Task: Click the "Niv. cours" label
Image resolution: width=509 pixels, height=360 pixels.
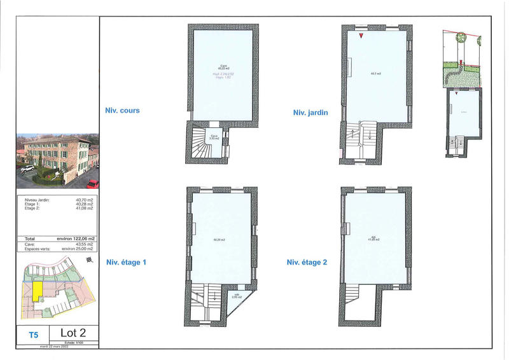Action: click(122, 110)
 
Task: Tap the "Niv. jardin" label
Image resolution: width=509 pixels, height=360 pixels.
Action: click(310, 113)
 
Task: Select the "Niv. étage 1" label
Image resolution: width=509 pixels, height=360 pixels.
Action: click(127, 261)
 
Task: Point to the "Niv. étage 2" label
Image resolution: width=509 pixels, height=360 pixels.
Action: click(307, 262)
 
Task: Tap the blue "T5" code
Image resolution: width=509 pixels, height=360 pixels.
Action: click(33, 333)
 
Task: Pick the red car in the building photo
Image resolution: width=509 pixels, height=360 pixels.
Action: click(93, 184)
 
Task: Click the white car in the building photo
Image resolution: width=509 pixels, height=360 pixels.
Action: click(27, 169)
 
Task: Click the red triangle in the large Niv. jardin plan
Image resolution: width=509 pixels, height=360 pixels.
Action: click(361, 36)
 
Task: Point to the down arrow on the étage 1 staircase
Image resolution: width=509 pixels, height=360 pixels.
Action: click(214, 293)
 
